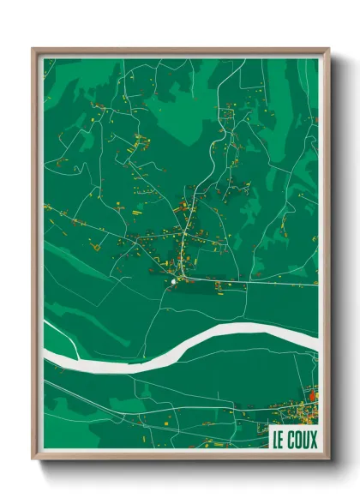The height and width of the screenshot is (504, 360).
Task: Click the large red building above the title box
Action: click(x=311, y=395)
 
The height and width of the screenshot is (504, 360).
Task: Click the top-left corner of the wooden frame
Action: click(x=33, y=49)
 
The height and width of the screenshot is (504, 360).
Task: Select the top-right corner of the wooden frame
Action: click(x=328, y=49)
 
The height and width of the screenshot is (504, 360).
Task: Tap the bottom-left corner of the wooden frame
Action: click(x=33, y=459)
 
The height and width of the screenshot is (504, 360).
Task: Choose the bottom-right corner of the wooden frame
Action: click(x=328, y=459)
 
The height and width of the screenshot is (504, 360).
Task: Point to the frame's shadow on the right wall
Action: click(x=339, y=257)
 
